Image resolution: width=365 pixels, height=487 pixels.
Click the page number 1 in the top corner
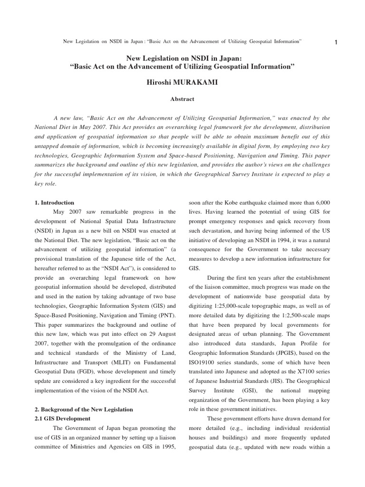[x=336, y=43]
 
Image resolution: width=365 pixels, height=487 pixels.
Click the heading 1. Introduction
[x=55, y=203]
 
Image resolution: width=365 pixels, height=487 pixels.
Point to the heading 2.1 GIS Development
[x=63, y=419]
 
